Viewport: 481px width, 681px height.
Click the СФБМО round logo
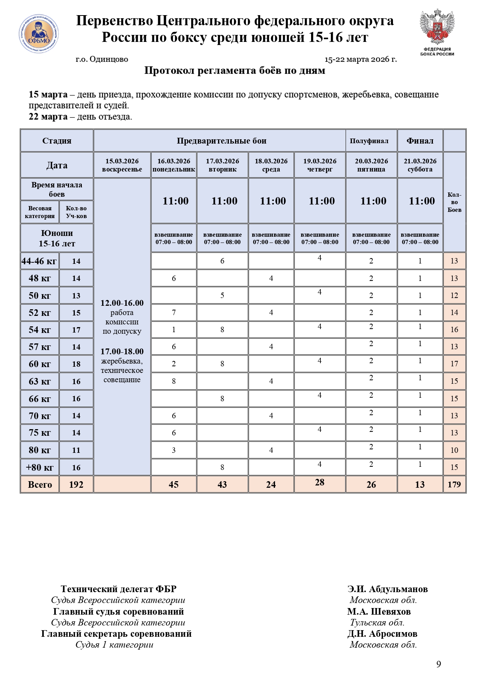[x=39, y=34]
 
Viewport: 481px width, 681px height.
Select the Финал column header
[x=420, y=141]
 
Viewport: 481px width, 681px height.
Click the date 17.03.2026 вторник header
[x=222, y=165]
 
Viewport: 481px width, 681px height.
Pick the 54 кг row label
[x=40, y=330]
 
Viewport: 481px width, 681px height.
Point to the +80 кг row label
[x=40, y=467]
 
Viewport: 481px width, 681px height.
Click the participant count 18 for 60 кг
[x=76, y=364]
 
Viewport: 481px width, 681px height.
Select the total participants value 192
[x=76, y=484]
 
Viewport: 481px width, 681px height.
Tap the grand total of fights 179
[x=454, y=484]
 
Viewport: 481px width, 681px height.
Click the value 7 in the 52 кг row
[x=174, y=312]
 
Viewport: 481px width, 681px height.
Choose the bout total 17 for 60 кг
[x=454, y=364]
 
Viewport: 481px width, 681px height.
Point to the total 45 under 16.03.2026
[x=174, y=484]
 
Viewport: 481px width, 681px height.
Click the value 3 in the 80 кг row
[x=174, y=450]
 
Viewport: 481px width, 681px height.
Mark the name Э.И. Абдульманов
[x=388, y=589]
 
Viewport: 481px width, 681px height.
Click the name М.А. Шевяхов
[x=379, y=612]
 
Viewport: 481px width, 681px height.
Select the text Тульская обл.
[x=377, y=622]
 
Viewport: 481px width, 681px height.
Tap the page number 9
[x=439, y=664]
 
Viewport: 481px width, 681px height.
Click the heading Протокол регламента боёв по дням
[x=235, y=71]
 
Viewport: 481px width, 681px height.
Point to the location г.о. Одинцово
[x=102, y=59]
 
